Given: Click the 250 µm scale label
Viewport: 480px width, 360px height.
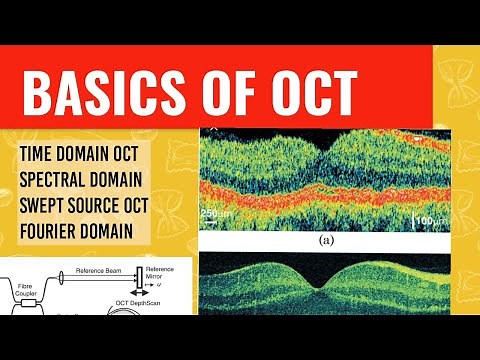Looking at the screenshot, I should click(x=215, y=213).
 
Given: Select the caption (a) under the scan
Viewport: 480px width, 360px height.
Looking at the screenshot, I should click(x=326, y=240).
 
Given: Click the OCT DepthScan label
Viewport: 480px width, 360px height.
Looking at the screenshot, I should click(x=151, y=305).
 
